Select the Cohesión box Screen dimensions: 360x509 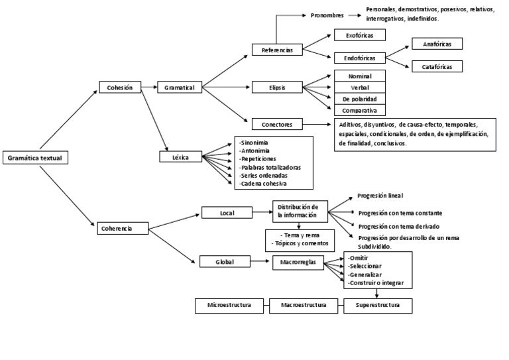(x=120, y=87)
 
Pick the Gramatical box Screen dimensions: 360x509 (x=179, y=87)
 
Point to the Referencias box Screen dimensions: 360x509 (x=277, y=50)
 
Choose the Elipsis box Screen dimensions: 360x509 (x=277, y=87)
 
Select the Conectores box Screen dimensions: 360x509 (x=277, y=123)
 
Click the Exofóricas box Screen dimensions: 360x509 (x=360, y=35)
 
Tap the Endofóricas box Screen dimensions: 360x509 (x=360, y=57)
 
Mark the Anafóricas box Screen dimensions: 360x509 (x=437, y=44)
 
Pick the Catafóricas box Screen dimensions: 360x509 (x=437, y=66)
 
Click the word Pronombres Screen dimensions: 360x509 (x=327, y=15)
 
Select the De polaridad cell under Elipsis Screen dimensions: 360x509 (x=360, y=99)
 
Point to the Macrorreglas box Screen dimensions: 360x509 (x=298, y=263)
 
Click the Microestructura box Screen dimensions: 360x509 (x=232, y=306)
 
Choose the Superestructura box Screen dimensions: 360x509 (x=378, y=306)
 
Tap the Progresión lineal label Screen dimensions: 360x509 (x=380, y=196)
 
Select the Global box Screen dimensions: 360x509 (x=225, y=262)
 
